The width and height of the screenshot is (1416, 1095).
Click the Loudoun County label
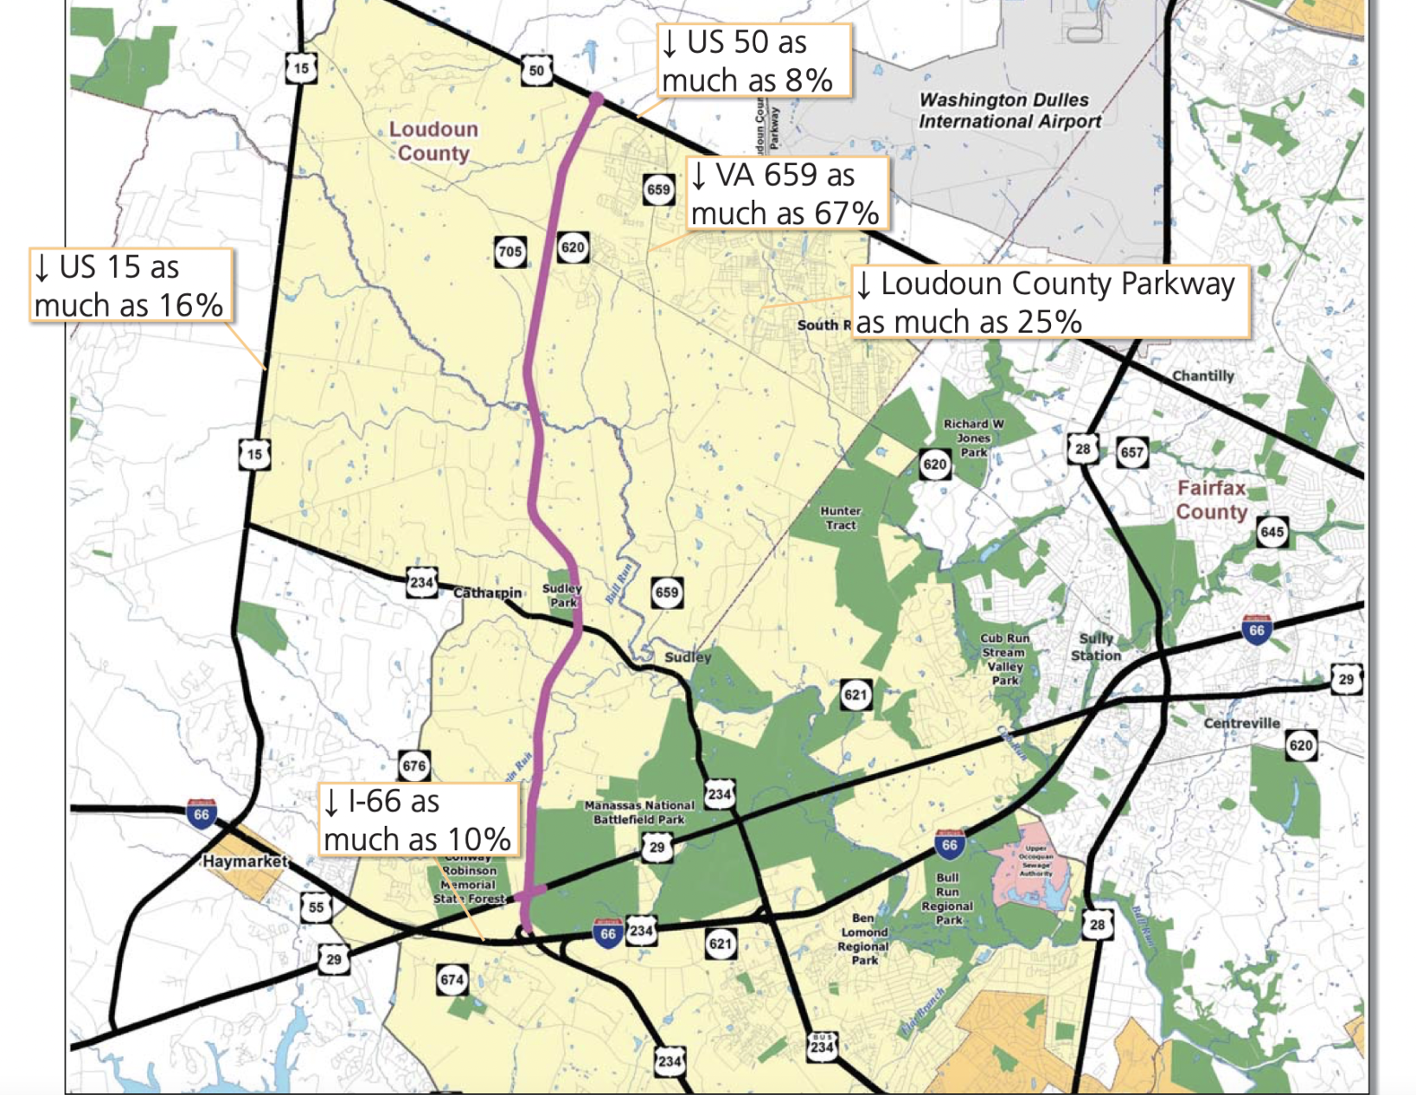(433, 141)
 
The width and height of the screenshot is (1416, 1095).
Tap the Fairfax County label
(1211, 500)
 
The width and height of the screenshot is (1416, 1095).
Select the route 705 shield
(509, 252)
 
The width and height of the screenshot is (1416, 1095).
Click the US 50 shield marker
(536, 70)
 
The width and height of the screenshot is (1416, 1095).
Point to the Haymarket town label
(244, 861)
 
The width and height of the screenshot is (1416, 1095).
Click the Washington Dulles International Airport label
(1009, 111)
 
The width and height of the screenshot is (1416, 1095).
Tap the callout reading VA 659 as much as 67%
(785, 194)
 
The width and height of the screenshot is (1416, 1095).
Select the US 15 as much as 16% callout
(130, 286)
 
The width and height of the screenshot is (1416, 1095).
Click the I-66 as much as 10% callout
(418, 820)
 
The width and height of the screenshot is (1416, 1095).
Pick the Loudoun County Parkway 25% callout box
(1050, 302)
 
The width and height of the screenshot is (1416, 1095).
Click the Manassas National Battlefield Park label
(639, 812)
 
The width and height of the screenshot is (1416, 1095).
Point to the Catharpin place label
(488, 592)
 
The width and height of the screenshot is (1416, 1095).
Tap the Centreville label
(1241, 723)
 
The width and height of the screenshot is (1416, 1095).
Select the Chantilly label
(1202, 375)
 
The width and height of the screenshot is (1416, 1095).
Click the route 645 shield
(1272, 532)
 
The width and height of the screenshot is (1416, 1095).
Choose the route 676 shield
(414, 765)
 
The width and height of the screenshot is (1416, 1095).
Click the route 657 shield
(1131, 451)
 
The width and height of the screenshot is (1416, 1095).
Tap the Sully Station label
(1096, 647)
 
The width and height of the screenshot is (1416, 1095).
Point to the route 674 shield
(452, 980)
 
